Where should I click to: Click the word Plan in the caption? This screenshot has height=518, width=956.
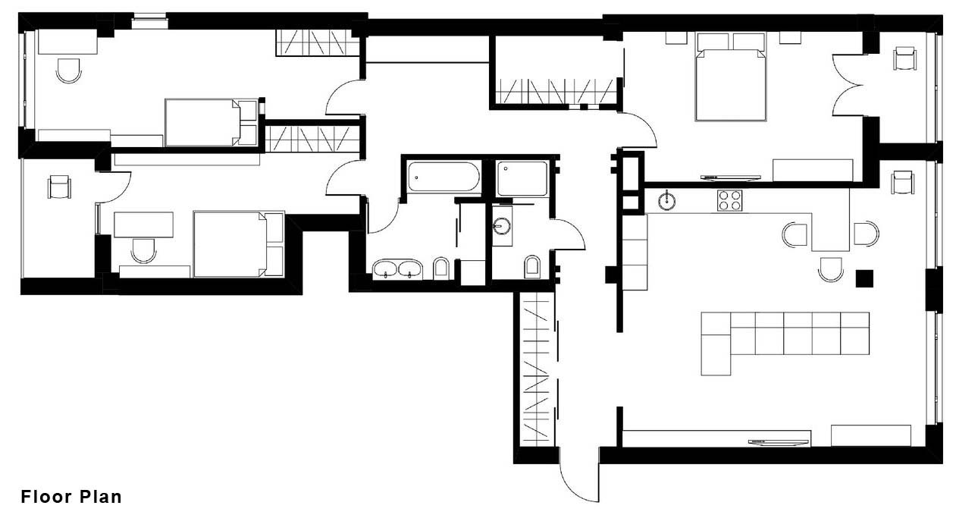[99, 498]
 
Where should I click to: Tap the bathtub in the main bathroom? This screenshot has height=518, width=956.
[444, 177]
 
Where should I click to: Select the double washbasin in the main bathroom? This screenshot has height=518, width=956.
[397, 268]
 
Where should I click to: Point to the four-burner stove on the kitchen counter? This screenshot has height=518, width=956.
[730, 201]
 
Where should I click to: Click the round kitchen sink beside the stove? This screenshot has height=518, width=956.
[667, 201]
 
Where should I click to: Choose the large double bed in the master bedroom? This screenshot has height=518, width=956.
[729, 78]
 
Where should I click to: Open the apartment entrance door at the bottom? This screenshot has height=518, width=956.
[578, 478]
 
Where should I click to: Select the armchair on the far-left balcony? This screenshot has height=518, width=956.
[59, 186]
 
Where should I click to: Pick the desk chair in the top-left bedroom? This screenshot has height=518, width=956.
[68, 71]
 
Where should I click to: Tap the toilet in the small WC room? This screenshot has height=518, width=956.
[532, 265]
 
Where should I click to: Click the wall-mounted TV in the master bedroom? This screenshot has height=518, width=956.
[730, 177]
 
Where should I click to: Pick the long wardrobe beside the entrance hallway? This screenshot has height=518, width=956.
[535, 372]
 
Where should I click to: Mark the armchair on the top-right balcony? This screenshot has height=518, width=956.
[904, 58]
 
